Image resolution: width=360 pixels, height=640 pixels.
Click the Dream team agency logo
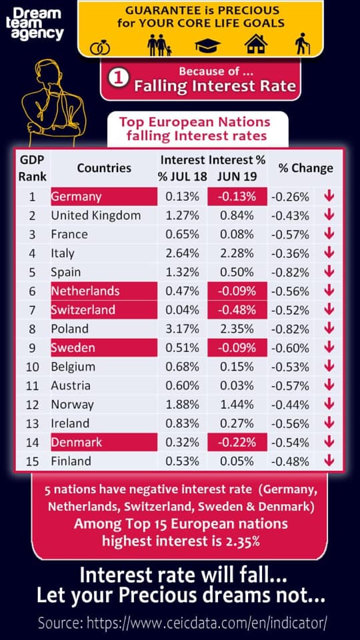[37, 24]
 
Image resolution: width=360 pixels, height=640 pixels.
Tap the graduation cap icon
[207, 46]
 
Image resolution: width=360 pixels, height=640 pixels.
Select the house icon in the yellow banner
[255, 44]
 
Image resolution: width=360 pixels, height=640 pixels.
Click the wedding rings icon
[100, 48]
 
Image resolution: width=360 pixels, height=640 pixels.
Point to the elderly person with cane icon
[303, 45]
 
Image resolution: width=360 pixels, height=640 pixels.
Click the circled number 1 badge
[119, 79]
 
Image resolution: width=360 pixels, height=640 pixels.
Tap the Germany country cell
[104, 197]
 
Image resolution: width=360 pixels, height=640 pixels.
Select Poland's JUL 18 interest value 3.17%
[182, 329]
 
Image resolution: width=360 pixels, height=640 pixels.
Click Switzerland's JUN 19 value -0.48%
[237, 310]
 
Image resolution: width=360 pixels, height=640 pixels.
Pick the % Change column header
[306, 168]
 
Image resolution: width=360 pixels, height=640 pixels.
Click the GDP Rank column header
[32, 168]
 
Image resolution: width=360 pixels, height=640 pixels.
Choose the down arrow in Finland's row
[329, 461]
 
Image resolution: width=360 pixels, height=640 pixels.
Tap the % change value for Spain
[290, 272]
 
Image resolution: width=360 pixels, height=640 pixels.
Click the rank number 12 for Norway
[33, 405]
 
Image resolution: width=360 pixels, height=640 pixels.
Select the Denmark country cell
[104, 442]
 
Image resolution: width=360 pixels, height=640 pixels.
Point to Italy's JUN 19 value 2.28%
[237, 253]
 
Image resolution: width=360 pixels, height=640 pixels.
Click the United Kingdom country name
[95, 215]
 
